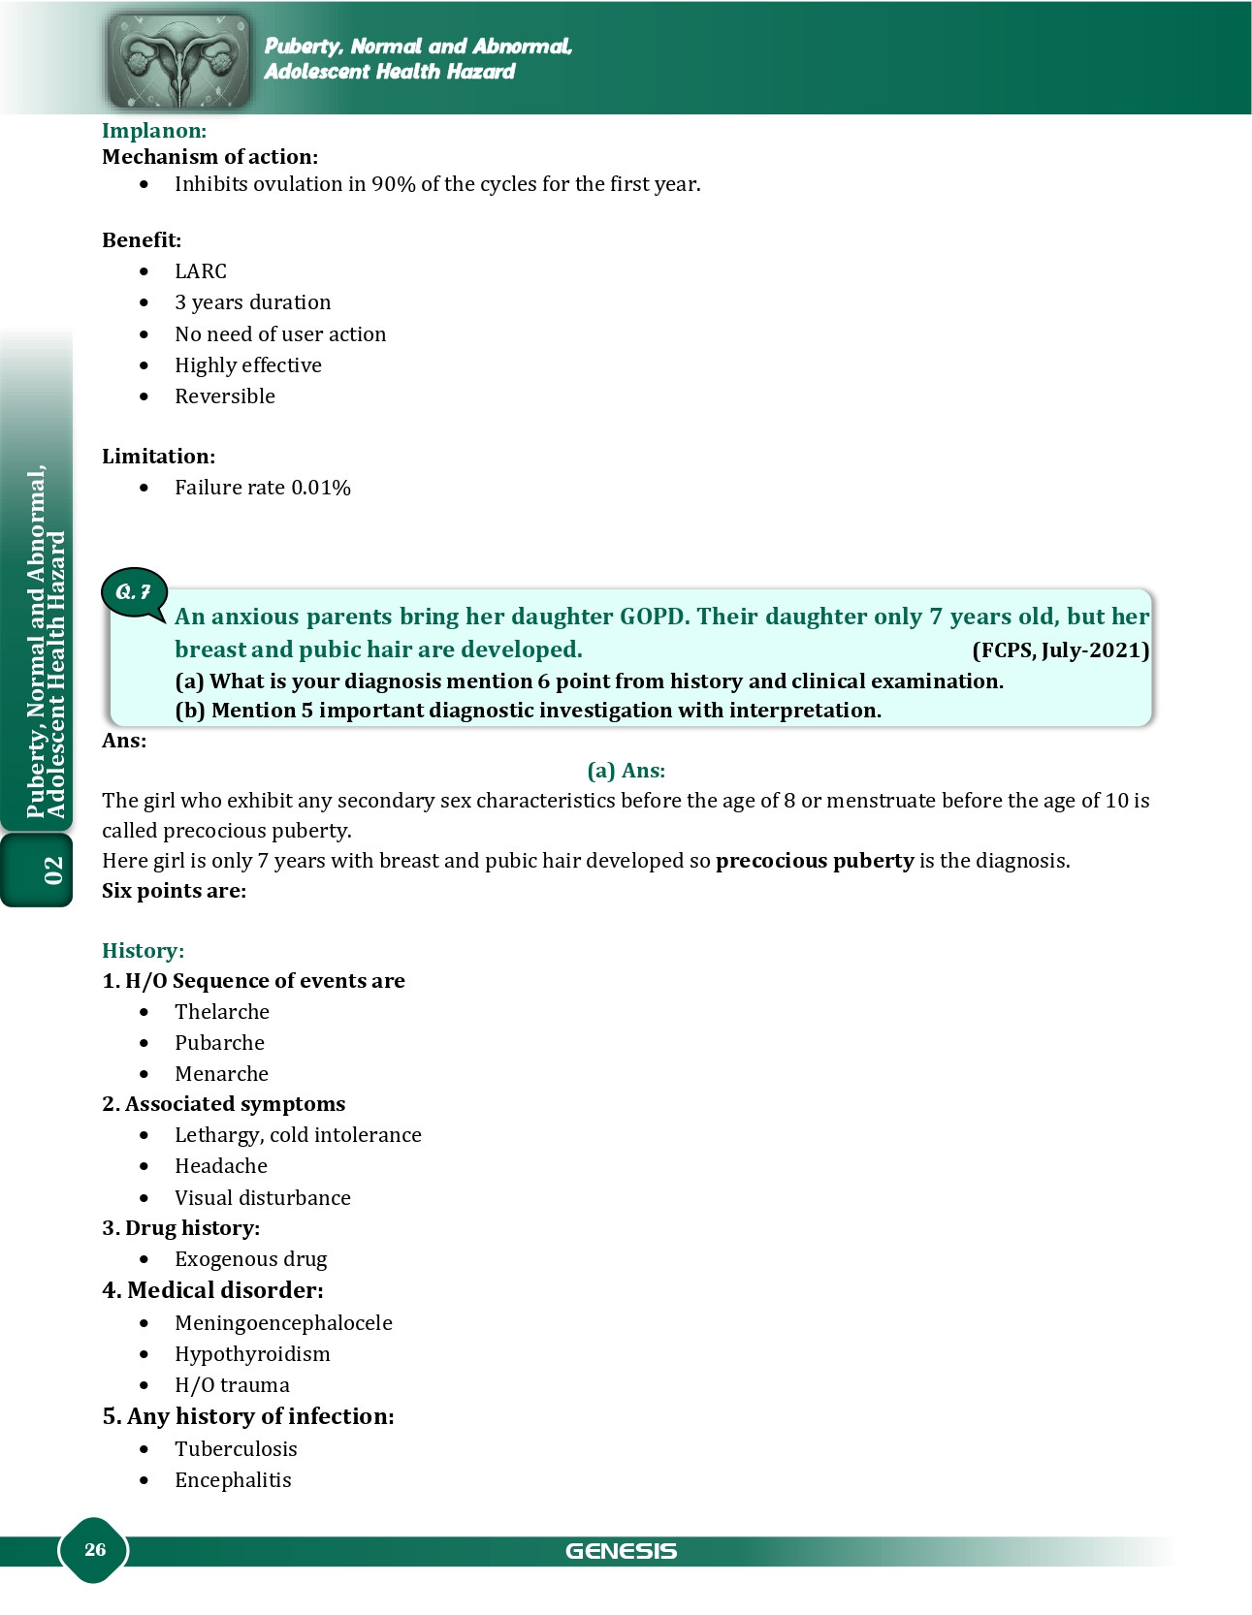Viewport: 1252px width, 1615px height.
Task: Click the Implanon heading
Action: tap(154, 131)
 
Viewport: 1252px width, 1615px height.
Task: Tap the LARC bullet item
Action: tap(201, 271)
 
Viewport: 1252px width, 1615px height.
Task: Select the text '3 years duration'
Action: tap(252, 302)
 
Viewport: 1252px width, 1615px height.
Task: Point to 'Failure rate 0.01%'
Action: tap(262, 488)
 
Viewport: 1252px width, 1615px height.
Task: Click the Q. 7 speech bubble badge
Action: tap(134, 591)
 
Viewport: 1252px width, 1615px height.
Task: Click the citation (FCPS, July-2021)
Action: tap(1060, 650)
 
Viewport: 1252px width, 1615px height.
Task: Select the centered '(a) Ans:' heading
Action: tap(626, 771)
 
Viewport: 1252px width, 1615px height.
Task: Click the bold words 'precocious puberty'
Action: tap(815, 861)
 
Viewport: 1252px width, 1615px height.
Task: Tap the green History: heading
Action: tap(143, 951)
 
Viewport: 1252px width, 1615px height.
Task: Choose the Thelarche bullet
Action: tap(222, 1012)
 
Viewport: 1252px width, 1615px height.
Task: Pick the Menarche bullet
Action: tap(221, 1074)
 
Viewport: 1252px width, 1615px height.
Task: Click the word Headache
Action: tap(221, 1166)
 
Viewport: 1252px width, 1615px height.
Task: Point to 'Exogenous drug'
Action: tap(250, 1259)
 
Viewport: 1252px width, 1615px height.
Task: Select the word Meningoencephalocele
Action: tap(283, 1323)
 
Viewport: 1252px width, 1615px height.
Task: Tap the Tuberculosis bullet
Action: tap(236, 1449)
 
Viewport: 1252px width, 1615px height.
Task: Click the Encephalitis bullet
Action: tap(233, 1480)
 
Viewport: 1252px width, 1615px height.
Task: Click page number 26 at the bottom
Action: tap(95, 1549)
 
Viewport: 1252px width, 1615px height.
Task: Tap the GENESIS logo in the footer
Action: tap(621, 1551)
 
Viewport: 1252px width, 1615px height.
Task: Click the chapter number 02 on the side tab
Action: tap(52, 871)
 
